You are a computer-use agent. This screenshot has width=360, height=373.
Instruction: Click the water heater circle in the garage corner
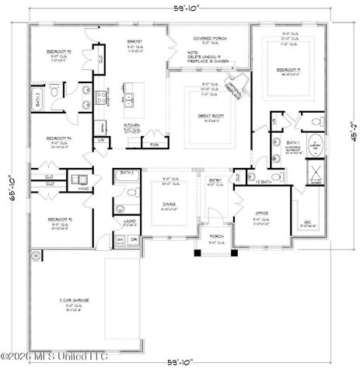(x=34, y=255)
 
